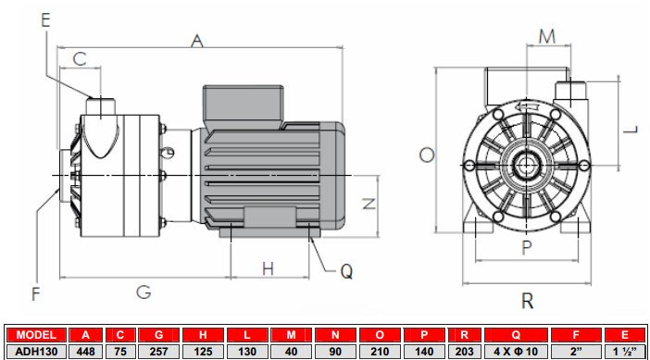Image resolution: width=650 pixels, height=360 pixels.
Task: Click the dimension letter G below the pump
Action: tap(144, 292)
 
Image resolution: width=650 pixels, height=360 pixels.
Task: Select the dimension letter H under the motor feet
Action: tap(268, 268)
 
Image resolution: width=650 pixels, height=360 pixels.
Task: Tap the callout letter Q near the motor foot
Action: tap(346, 271)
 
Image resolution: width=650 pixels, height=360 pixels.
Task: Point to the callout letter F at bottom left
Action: tap(37, 294)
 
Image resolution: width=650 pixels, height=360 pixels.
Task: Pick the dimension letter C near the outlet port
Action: tap(80, 58)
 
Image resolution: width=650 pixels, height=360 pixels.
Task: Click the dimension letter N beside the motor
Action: tap(369, 204)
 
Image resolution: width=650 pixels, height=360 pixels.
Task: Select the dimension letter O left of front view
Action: tap(427, 155)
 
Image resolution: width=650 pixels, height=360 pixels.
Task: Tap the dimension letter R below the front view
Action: tap(527, 300)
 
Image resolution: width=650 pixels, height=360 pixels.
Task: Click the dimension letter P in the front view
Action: tap(526, 247)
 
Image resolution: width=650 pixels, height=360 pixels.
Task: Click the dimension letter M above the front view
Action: tap(548, 36)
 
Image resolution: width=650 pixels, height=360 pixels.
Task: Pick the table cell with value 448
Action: tap(86, 351)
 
